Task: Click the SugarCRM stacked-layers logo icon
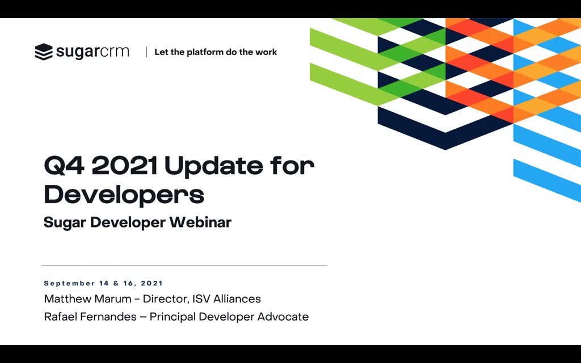click(x=44, y=52)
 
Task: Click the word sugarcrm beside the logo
click(x=92, y=52)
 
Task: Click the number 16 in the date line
click(x=128, y=284)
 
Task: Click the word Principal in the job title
click(x=172, y=317)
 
